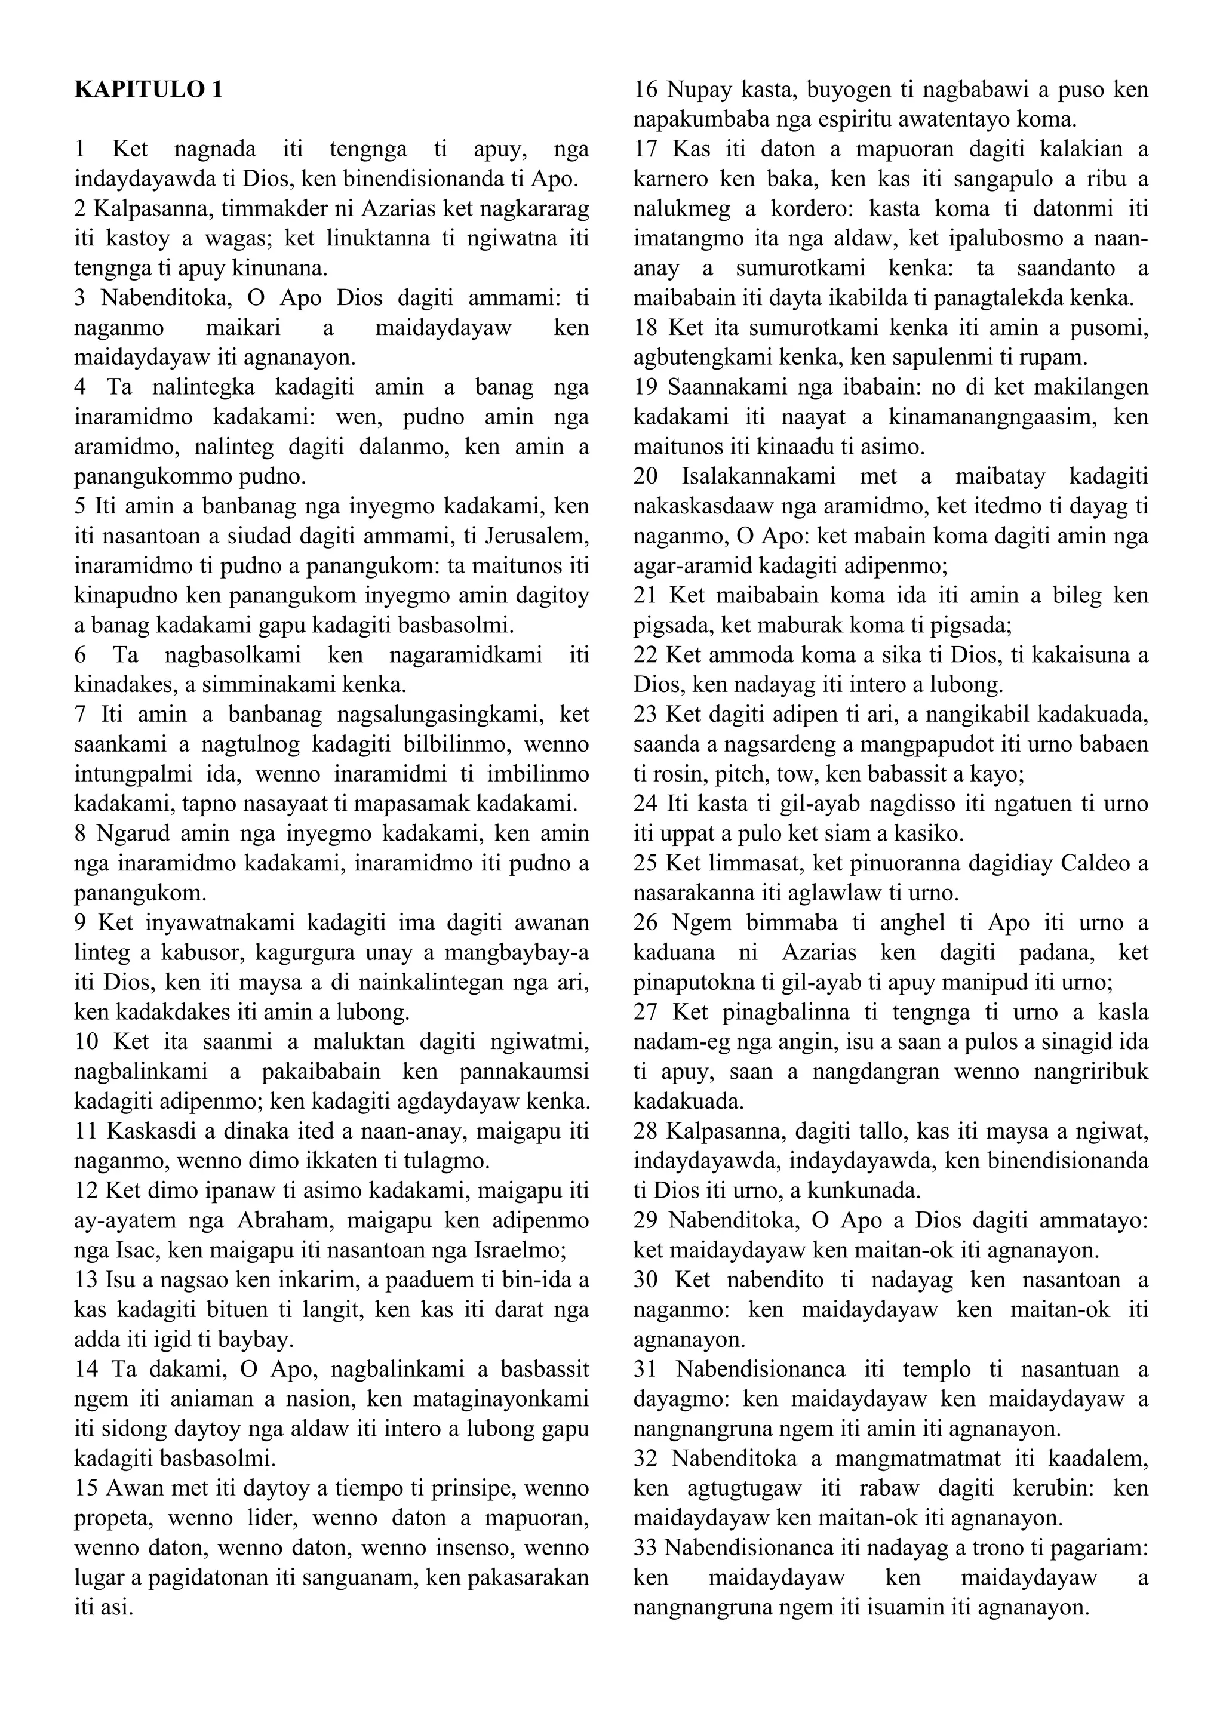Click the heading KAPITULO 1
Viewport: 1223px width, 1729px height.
click(148, 90)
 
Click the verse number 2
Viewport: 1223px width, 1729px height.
click(81, 208)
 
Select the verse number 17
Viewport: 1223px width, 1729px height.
click(646, 150)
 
